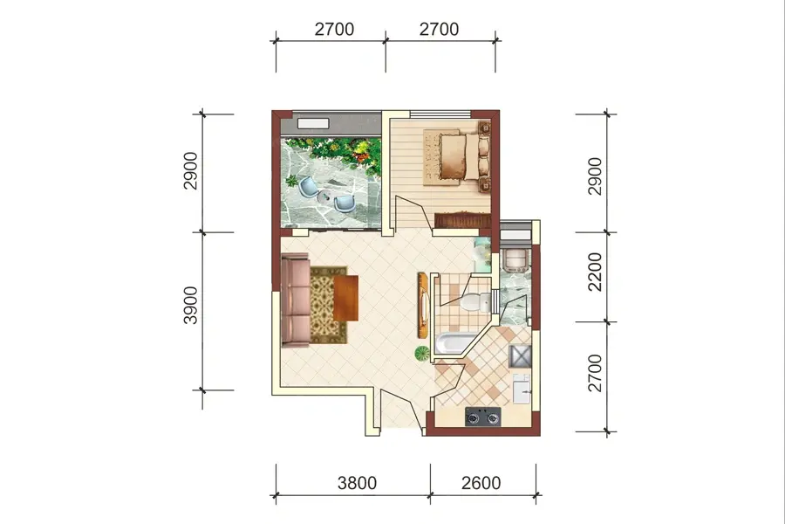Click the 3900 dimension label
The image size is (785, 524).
[191, 306]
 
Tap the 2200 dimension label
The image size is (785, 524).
[595, 272]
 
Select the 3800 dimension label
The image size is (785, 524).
[357, 483]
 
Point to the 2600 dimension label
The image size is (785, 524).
[481, 483]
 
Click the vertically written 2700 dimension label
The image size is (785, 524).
[595, 373]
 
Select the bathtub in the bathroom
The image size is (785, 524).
[454, 343]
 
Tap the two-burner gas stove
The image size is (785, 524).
[483, 417]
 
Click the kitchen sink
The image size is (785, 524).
[522, 388]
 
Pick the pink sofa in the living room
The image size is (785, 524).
[295, 300]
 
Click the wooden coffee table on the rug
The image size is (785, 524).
[345, 298]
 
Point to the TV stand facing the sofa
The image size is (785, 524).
[423, 305]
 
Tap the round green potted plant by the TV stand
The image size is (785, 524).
[422, 353]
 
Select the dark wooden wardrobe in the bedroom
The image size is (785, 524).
[462, 221]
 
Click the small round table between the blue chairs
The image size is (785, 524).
[326, 197]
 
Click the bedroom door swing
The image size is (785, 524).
[413, 214]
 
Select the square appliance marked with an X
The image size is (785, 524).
[520, 356]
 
